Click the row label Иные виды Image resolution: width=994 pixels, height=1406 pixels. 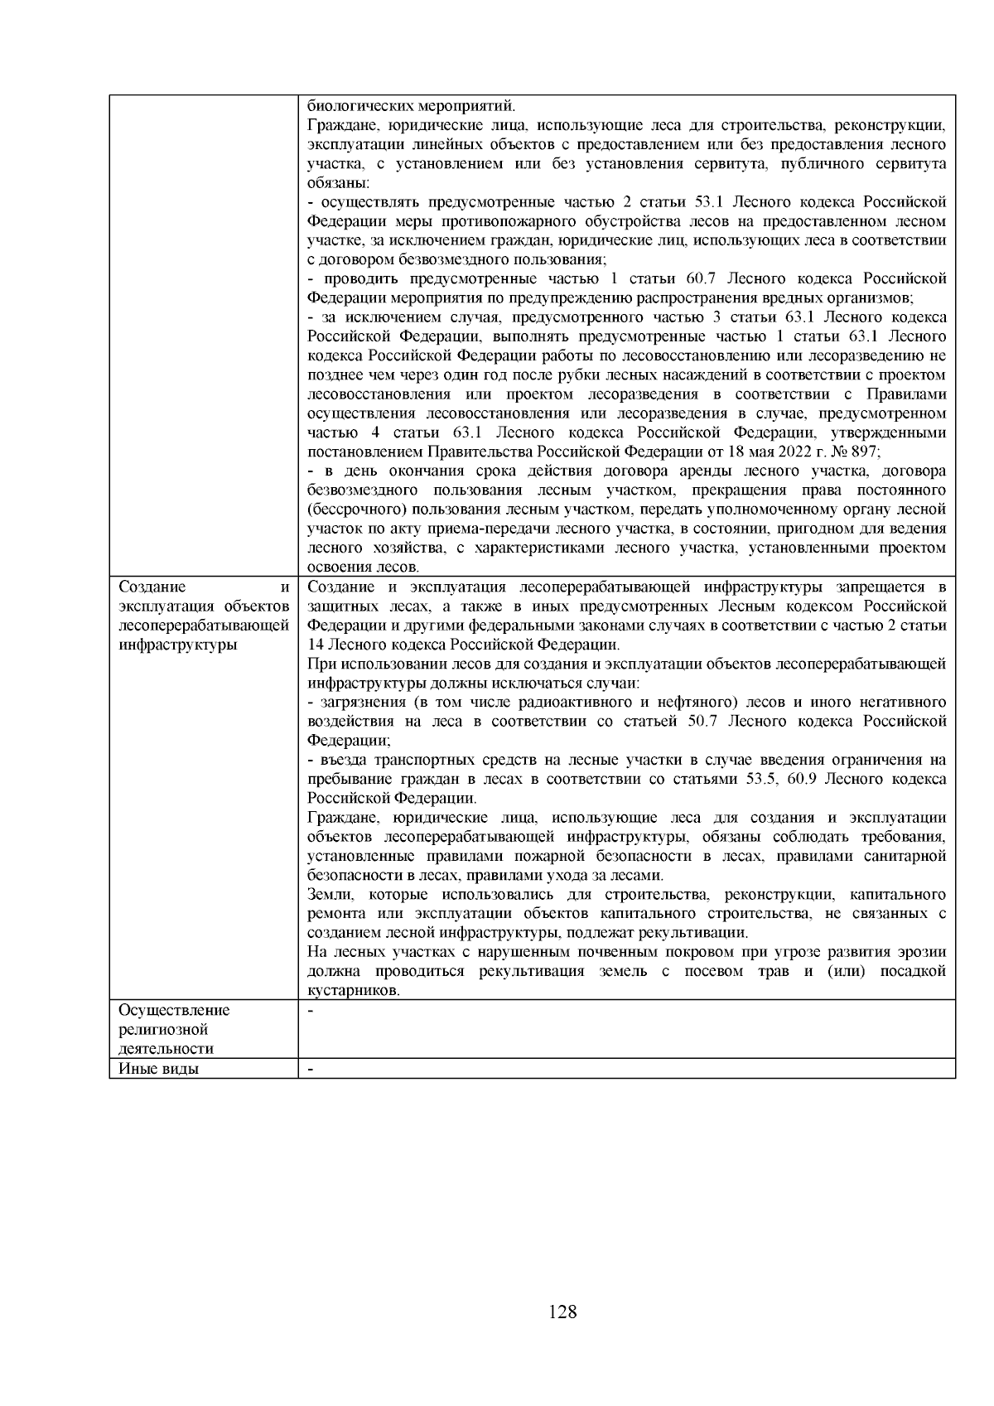(158, 1069)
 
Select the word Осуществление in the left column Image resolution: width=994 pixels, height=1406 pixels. (174, 1011)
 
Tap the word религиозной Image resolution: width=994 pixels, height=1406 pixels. (163, 1030)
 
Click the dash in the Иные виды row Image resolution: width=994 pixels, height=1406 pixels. (311, 1069)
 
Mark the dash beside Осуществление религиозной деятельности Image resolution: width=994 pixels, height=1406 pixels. (311, 1011)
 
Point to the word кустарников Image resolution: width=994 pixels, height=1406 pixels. (353, 991)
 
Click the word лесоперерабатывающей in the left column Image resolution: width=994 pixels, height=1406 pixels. (204, 626)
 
